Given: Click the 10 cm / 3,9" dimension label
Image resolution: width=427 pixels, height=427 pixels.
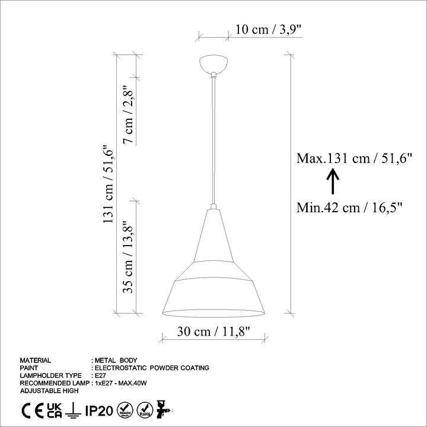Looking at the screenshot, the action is coord(269,30).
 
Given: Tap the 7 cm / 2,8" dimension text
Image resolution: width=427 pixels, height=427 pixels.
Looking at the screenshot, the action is coord(128,114).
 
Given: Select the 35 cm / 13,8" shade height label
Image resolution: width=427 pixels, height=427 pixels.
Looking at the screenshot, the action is coord(128,256).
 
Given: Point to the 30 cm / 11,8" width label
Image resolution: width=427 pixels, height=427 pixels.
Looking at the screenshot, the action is coord(213,332).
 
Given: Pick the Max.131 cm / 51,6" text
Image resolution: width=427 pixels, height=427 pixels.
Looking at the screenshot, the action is coord(354,158).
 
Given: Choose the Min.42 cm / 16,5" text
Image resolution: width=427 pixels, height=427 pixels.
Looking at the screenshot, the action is coord(349,208).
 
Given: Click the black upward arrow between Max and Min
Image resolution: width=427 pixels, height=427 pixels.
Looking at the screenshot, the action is coord(333,181).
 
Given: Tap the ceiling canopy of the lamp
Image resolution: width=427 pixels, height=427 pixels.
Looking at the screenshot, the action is coord(213,64).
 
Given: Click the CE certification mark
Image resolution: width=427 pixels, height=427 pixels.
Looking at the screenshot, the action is coord(33,411).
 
